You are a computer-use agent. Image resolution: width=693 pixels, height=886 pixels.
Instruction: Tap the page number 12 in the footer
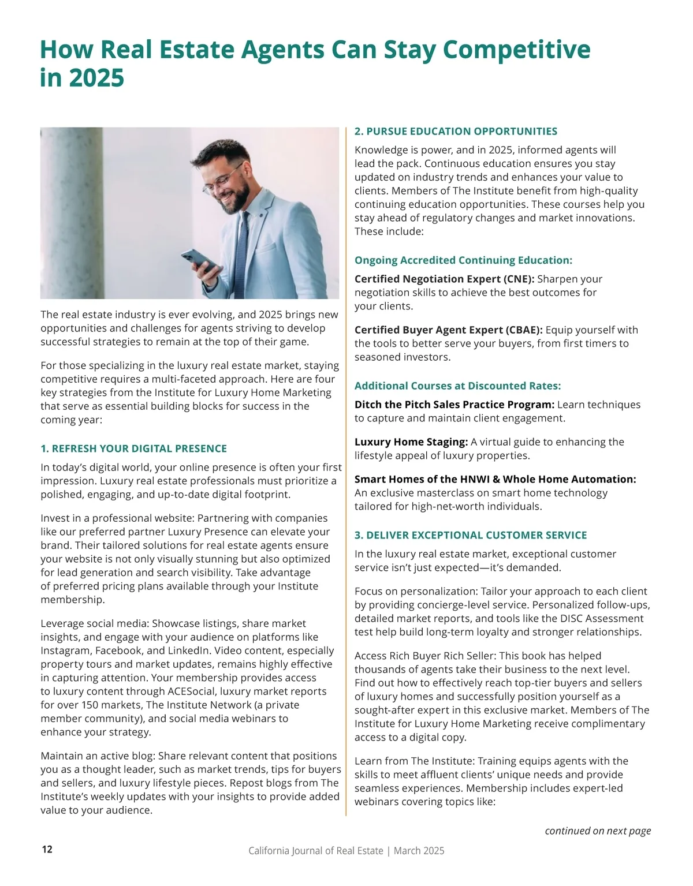47,849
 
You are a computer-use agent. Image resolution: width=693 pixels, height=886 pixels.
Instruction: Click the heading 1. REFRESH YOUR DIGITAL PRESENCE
133,448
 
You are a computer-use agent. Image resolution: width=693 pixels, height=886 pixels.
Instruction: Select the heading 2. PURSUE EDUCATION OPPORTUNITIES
456,131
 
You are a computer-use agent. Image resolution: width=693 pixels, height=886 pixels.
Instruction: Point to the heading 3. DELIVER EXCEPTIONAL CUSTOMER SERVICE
471,535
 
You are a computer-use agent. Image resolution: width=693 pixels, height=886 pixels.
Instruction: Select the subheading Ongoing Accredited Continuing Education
463,260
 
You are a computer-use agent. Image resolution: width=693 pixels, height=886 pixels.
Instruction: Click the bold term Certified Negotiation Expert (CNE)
444,279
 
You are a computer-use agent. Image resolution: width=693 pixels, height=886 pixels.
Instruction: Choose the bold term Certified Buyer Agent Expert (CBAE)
448,330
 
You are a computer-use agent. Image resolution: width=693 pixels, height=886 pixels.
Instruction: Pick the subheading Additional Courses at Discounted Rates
457,386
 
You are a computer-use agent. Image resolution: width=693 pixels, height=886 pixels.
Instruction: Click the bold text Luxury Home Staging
411,442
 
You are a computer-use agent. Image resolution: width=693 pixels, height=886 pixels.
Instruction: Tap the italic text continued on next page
598,831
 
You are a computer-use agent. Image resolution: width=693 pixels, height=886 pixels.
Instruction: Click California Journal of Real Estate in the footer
315,851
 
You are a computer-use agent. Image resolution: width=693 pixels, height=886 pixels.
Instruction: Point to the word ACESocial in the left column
193,691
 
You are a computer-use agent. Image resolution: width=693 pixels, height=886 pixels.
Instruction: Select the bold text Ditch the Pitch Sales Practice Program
454,404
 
